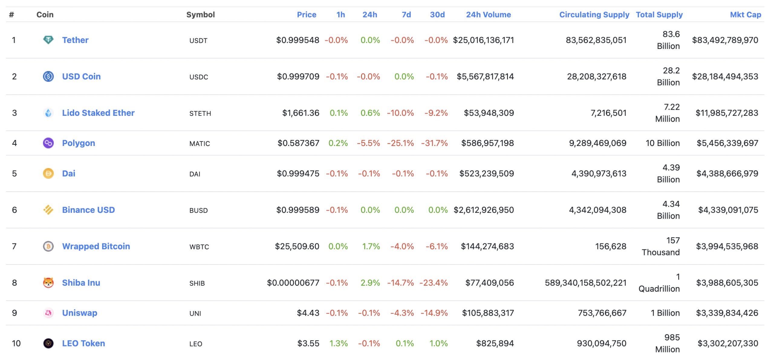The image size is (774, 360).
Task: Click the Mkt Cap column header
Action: pos(745,15)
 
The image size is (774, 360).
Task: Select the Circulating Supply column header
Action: pos(594,15)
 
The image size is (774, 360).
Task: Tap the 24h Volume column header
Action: pos(488,15)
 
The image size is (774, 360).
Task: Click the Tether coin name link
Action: pos(75,40)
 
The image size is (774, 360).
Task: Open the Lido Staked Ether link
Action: pos(98,113)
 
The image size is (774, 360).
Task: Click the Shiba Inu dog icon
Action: pos(48,283)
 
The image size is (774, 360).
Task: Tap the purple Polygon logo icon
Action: pos(48,143)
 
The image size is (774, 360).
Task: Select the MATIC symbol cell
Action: pos(199,144)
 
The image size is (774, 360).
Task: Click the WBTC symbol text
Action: pos(199,247)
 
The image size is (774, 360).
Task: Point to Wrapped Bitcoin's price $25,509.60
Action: pos(297,246)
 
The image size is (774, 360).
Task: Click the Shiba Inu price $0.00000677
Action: pos(293,283)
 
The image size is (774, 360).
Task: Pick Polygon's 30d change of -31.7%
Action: pos(434,143)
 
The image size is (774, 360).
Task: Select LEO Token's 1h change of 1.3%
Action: pos(338,343)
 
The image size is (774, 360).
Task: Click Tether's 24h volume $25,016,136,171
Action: pos(483,40)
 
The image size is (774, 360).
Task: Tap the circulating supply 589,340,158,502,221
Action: pos(585,283)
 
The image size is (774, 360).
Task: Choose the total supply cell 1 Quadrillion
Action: pos(659,283)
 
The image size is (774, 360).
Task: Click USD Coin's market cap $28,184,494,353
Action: pos(725,76)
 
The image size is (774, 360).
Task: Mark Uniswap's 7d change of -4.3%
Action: pos(402,313)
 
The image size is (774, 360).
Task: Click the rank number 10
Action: pos(16,343)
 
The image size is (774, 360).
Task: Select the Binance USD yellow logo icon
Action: pos(48,210)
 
